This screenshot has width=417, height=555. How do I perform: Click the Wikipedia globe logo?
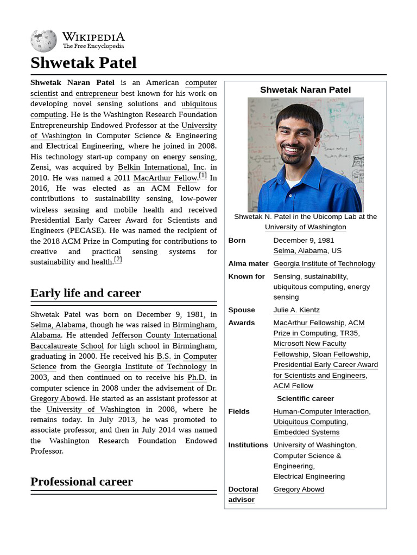[x=43, y=41]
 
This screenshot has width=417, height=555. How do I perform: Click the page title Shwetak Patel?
[x=84, y=63]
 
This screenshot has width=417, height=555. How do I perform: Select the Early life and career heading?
[x=85, y=293]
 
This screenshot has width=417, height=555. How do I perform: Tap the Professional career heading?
[x=81, y=482]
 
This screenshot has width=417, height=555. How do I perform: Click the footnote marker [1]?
[x=203, y=176]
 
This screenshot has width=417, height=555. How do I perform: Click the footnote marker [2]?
[x=118, y=260]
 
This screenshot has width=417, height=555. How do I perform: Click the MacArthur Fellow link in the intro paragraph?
[x=166, y=178]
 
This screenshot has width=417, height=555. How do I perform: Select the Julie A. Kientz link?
[x=296, y=310]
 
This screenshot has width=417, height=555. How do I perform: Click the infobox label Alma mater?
[x=248, y=264]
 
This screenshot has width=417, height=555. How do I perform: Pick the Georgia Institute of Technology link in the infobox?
[x=324, y=264]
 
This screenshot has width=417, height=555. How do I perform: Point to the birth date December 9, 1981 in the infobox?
[x=304, y=241]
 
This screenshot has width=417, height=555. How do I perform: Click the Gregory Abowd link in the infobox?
[x=299, y=489]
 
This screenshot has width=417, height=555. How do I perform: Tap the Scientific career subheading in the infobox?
[x=305, y=399]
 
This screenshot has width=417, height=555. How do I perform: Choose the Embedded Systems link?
[x=306, y=433]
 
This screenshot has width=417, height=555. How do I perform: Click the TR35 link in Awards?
[x=349, y=333]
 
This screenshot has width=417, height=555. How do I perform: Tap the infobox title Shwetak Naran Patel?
[x=305, y=90]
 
